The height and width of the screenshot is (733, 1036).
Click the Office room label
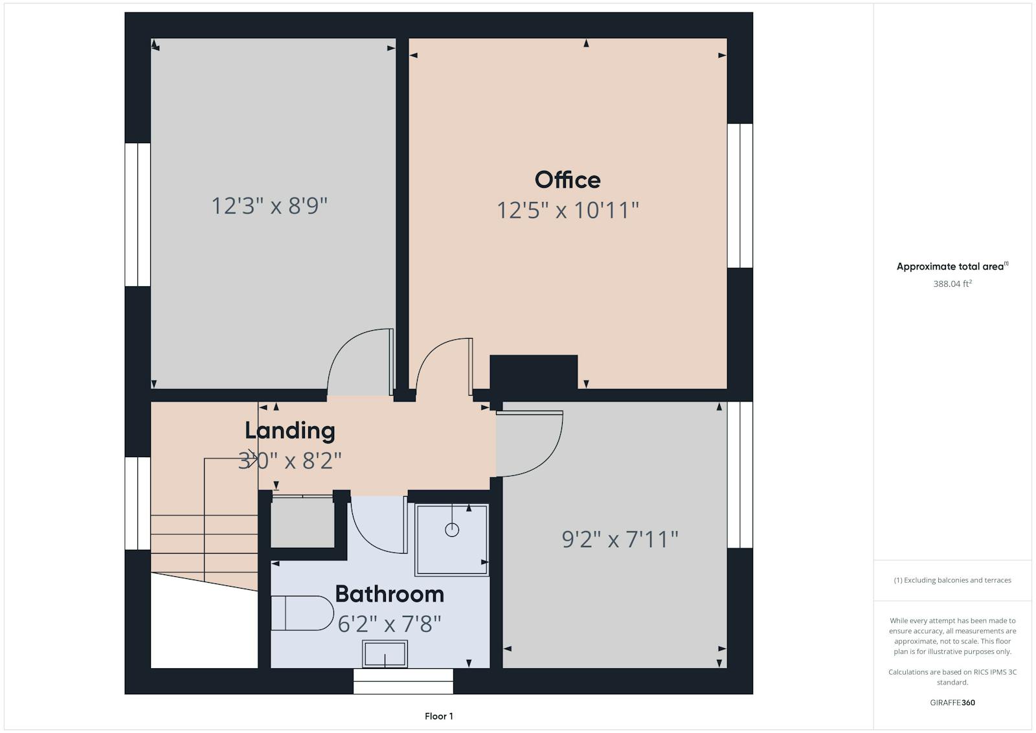[567, 180]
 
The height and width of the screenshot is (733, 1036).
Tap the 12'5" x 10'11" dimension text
[568, 210]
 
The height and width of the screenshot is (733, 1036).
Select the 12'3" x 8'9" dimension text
[269, 206]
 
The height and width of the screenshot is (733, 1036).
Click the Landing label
[290, 431]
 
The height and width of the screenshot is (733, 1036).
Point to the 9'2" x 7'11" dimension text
[620, 539]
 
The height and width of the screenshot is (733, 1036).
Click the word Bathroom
[389, 594]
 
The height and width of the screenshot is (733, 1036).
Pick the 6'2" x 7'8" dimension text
[389, 624]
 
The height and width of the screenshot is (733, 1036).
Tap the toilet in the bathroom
[302, 613]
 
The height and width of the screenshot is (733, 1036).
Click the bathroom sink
[385, 654]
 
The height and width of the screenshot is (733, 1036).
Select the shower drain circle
[452, 530]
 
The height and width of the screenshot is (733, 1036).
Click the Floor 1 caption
[439, 716]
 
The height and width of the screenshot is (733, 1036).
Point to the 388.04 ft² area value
[952, 284]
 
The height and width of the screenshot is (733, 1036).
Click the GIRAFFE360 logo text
[952, 703]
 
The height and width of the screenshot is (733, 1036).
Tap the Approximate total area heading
[952, 266]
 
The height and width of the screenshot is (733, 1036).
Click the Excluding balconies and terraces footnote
[952, 580]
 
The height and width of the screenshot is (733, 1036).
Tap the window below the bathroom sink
[403, 681]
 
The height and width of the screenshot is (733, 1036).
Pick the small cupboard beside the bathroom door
[302, 522]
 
